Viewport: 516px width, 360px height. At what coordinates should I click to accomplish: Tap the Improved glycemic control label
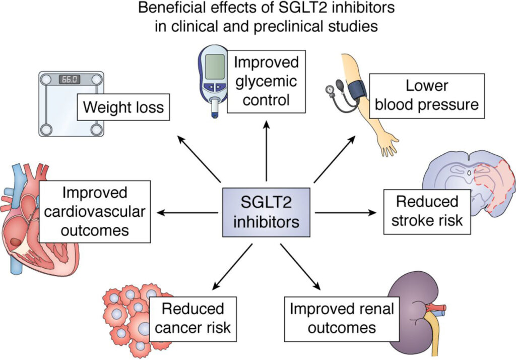click(x=266, y=81)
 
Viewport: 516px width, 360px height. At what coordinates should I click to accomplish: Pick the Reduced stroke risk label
click(x=427, y=211)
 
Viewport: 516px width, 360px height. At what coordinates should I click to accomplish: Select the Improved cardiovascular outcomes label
click(x=95, y=211)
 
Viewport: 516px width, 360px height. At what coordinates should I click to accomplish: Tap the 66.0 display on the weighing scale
click(x=69, y=79)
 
